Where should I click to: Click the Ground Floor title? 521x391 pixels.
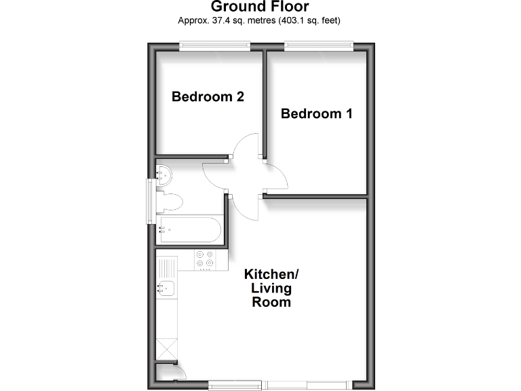[x=260, y=7]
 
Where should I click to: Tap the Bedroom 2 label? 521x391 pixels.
[x=208, y=97]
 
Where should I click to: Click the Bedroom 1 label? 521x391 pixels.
[x=317, y=113]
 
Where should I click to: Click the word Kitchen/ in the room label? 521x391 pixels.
[x=271, y=275]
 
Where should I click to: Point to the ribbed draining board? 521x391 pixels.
[x=166, y=266]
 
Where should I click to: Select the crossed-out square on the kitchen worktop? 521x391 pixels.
[x=166, y=350]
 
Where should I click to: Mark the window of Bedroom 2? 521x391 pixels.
[x=214, y=45]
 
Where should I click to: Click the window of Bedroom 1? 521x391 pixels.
[x=318, y=45]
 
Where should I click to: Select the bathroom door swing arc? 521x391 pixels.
[x=214, y=178]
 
